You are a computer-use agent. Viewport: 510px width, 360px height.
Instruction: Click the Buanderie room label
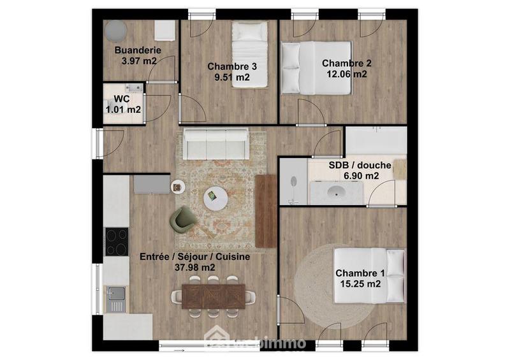(x=137, y=50)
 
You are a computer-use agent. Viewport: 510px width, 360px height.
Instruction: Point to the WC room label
(x=122, y=99)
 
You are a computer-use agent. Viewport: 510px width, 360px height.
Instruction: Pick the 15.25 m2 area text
(x=358, y=284)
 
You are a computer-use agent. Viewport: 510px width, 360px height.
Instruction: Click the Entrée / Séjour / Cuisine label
(x=194, y=257)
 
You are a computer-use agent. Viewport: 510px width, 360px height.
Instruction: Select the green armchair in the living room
(x=184, y=218)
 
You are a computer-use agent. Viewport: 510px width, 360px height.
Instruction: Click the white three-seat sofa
(x=215, y=144)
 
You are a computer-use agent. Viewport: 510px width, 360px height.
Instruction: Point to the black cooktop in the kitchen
(x=116, y=241)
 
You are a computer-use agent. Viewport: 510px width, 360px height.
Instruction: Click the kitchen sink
(x=116, y=298)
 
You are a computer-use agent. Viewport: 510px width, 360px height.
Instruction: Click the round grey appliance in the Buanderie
(x=116, y=30)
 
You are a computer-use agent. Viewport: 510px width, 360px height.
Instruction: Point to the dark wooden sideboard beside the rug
(x=266, y=210)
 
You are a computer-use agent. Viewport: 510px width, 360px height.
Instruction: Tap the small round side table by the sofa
(x=178, y=186)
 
